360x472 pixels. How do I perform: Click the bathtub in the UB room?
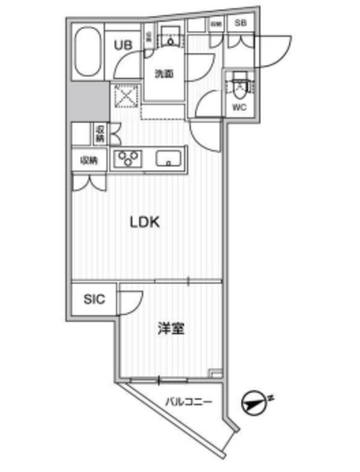tap(89, 53)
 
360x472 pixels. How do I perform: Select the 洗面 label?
tap(163, 74)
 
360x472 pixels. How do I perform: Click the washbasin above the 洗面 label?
tap(170, 38)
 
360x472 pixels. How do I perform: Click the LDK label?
tap(146, 222)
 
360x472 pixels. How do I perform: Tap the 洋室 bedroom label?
tap(170, 329)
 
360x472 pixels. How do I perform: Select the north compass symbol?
tap(256, 401)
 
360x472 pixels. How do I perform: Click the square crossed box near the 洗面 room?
tap(122, 97)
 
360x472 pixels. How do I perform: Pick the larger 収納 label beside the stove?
tap(89, 160)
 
